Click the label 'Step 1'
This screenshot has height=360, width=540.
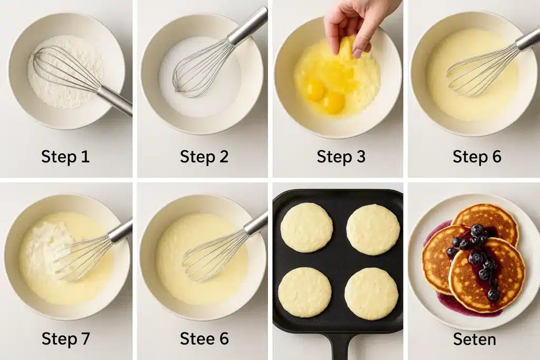[x=65, y=157]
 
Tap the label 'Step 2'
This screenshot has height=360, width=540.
[x=204, y=157]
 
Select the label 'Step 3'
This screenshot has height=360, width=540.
[x=341, y=157]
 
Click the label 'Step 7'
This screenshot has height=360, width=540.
[x=65, y=339]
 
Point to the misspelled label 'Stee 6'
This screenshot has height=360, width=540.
[x=204, y=339]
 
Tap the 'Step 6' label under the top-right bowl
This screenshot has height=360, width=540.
[x=477, y=157]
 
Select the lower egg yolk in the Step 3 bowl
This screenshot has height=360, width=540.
[x=334, y=102]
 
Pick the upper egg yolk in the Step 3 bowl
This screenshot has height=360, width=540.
[x=315, y=90]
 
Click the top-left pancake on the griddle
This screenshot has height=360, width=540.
[x=306, y=227]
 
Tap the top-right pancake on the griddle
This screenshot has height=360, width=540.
[x=373, y=229]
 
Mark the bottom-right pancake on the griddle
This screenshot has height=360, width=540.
[x=371, y=294]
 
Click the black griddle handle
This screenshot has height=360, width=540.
[x=340, y=346]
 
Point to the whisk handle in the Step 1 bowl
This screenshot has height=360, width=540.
[x=114, y=100]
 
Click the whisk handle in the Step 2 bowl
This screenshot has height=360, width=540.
[x=247, y=26]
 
